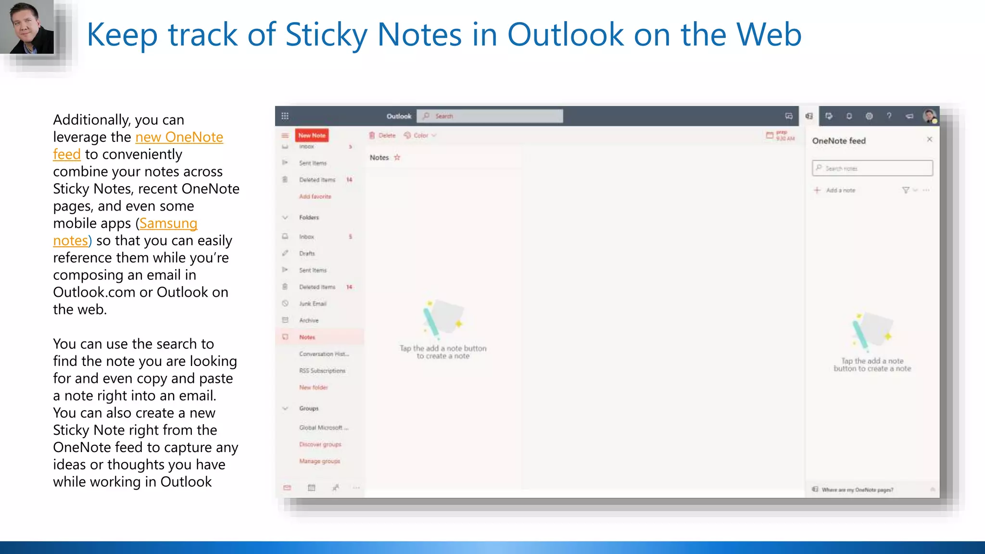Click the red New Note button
point(312,136)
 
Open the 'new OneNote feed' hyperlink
point(179,138)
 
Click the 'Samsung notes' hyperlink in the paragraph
point(168,224)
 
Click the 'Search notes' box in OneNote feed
point(872,168)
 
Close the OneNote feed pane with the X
point(929,139)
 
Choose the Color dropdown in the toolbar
point(420,136)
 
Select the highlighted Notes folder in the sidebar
point(307,337)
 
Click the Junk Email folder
point(313,304)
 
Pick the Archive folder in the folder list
point(309,320)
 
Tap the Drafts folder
point(307,253)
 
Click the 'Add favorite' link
point(315,197)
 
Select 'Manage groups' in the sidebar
point(319,461)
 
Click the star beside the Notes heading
point(397,157)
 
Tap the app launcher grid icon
point(285,116)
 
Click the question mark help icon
point(889,116)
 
